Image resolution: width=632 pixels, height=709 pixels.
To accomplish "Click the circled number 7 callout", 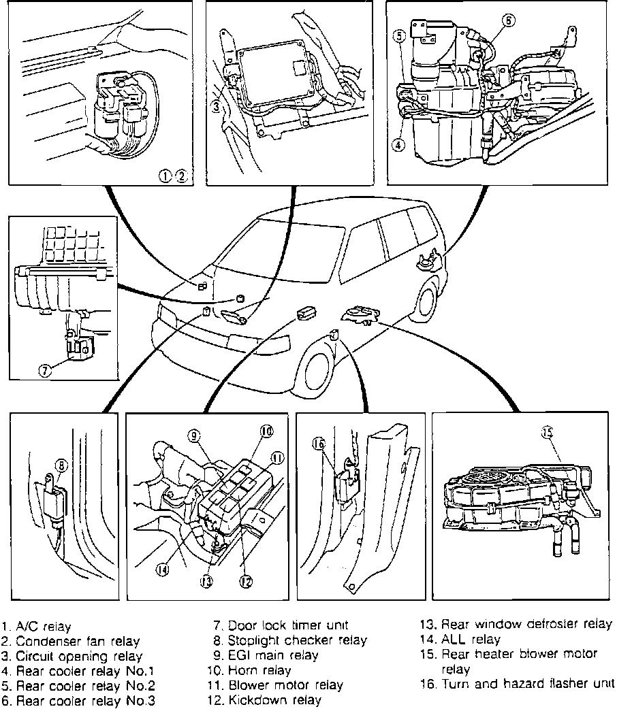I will (45, 372).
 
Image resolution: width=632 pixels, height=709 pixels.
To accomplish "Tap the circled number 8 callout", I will (62, 466).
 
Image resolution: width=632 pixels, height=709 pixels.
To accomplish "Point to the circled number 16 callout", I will (317, 444).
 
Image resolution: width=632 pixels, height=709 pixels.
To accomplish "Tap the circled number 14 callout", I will (163, 570).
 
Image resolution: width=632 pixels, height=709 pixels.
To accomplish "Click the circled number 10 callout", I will (266, 430).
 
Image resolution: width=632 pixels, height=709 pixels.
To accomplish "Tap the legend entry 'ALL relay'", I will (471, 640).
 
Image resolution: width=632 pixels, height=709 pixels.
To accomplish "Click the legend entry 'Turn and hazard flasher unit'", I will (527, 684).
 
